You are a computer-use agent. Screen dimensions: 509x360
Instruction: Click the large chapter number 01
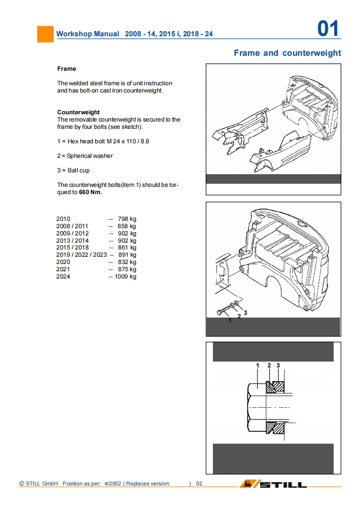[x=328, y=29]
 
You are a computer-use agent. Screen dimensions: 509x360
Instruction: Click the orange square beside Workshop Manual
[x=45, y=34]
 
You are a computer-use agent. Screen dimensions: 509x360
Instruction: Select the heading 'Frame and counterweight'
[x=287, y=53]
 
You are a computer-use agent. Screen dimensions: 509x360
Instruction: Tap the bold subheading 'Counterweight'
[x=78, y=112]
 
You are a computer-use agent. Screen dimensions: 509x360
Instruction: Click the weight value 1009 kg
[x=125, y=276]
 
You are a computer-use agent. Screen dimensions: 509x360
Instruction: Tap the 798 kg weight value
[x=127, y=219]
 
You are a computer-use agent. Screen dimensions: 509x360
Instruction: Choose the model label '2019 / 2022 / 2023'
[x=81, y=254]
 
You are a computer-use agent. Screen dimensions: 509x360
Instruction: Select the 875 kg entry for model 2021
[x=127, y=269]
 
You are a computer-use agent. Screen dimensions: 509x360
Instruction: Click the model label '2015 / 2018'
[x=73, y=247]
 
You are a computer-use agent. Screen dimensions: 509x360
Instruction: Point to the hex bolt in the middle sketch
[x=223, y=312]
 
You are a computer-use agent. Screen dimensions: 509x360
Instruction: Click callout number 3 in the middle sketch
[x=245, y=313]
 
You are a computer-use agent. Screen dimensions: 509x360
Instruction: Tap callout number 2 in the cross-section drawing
[x=269, y=365]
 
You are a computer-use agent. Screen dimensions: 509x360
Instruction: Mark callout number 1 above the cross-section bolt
[x=257, y=365]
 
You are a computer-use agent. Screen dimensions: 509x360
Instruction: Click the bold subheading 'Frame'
[x=66, y=69]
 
